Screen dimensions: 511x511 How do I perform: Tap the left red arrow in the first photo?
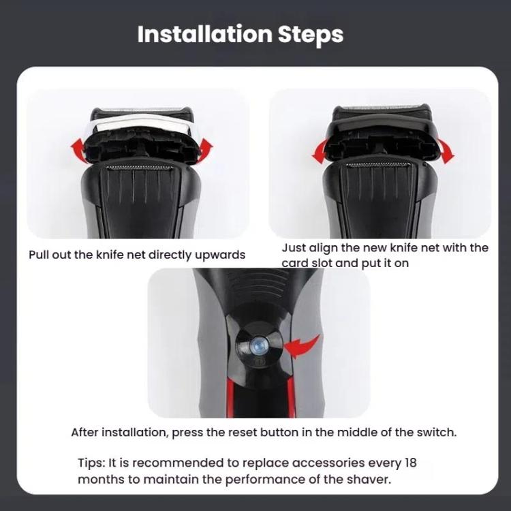click(x=80, y=148)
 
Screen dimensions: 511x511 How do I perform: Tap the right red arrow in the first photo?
click(x=204, y=146)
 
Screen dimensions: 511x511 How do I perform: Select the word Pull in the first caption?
click(x=40, y=255)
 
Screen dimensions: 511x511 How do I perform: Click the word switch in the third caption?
click(x=432, y=433)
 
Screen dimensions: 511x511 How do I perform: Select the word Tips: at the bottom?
click(x=92, y=463)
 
